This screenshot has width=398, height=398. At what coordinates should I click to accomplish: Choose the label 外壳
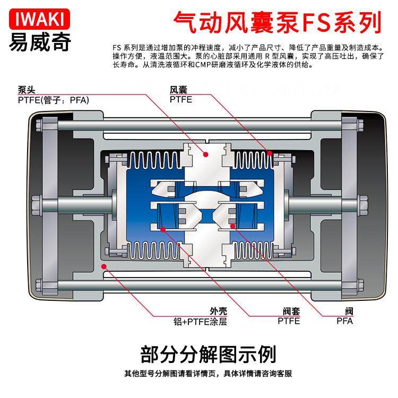pyautogui.click(x=218, y=311)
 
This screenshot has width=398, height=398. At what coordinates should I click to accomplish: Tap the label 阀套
pyautogui.click(x=291, y=311)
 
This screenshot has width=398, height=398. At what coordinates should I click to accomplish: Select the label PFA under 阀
pyautogui.click(x=344, y=321)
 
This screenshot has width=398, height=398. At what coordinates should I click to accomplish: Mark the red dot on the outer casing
pyautogui.click(x=104, y=267)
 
